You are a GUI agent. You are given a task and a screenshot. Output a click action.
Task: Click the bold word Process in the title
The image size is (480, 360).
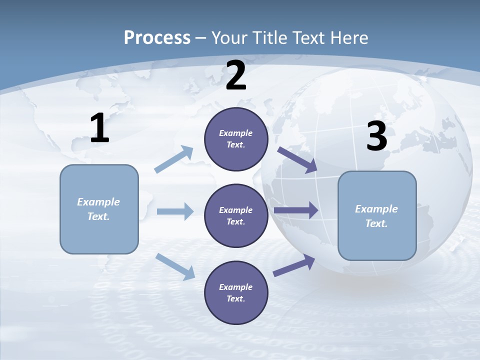click(157, 37)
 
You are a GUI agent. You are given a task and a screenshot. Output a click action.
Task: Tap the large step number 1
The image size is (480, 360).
click(99, 128)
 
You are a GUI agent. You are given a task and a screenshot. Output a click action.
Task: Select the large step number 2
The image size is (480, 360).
click(236, 75)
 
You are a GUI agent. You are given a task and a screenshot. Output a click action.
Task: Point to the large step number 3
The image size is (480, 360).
click(376, 136)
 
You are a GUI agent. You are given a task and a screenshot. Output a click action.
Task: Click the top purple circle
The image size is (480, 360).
click(236, 139)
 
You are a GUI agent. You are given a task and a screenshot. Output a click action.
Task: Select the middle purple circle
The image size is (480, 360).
click(236, 216)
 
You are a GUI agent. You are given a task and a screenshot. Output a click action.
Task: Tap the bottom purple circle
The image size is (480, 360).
click(236, 293)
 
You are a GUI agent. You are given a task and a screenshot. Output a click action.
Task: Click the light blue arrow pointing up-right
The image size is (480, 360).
click(174, 159)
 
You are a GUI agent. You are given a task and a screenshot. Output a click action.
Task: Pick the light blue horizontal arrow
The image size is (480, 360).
click(175, 211)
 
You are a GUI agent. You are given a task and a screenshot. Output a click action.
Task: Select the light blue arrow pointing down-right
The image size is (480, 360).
click(175, 266)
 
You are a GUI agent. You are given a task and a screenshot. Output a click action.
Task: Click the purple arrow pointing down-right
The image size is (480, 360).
click(297, 160)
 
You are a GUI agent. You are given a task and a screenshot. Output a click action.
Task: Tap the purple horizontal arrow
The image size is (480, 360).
click(296, 210)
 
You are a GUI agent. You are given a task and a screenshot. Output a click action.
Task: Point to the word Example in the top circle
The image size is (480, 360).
click(236, 133)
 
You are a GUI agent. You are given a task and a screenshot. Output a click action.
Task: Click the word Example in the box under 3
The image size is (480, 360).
click(376, 209)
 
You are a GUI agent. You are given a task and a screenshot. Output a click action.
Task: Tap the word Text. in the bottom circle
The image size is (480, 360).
click(236, 299)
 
